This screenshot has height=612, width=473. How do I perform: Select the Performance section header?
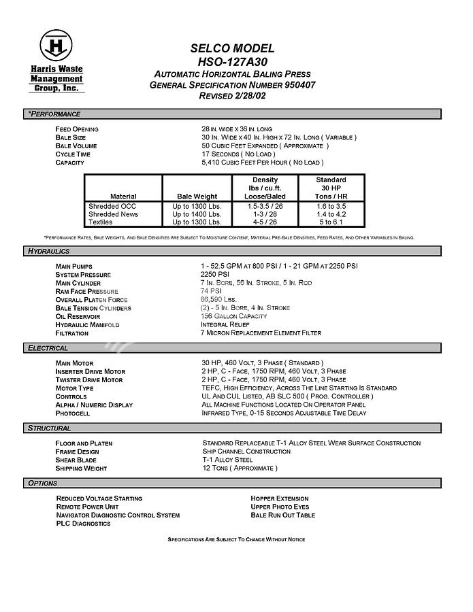[x=54, y=114]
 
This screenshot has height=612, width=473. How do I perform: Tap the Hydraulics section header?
[x=49, y=252]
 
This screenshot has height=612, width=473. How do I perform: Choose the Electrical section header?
[x=48, y=348]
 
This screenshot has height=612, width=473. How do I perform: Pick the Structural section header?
[x=49, y=428]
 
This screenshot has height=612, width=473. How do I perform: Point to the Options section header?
[x=42, y=483]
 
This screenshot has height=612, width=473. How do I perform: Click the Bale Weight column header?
[x=197, y=197]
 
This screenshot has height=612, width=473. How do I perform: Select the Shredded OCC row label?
[x=112, y=206]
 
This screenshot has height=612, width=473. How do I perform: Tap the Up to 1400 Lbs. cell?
[x=197, y=214]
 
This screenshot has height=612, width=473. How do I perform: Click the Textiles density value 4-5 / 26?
[x=265, y=222]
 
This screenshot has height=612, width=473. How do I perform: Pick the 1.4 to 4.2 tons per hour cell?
[x=331, y=214]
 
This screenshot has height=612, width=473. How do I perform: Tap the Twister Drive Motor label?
[x=89, y=380]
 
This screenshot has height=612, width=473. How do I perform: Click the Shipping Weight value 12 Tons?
[x=240, y=469]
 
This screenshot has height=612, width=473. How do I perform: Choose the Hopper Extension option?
[x=279, y=499]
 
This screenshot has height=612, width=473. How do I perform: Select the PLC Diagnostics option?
[x=83, y=524]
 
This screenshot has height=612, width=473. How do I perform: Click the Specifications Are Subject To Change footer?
[x=236, y=539]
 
